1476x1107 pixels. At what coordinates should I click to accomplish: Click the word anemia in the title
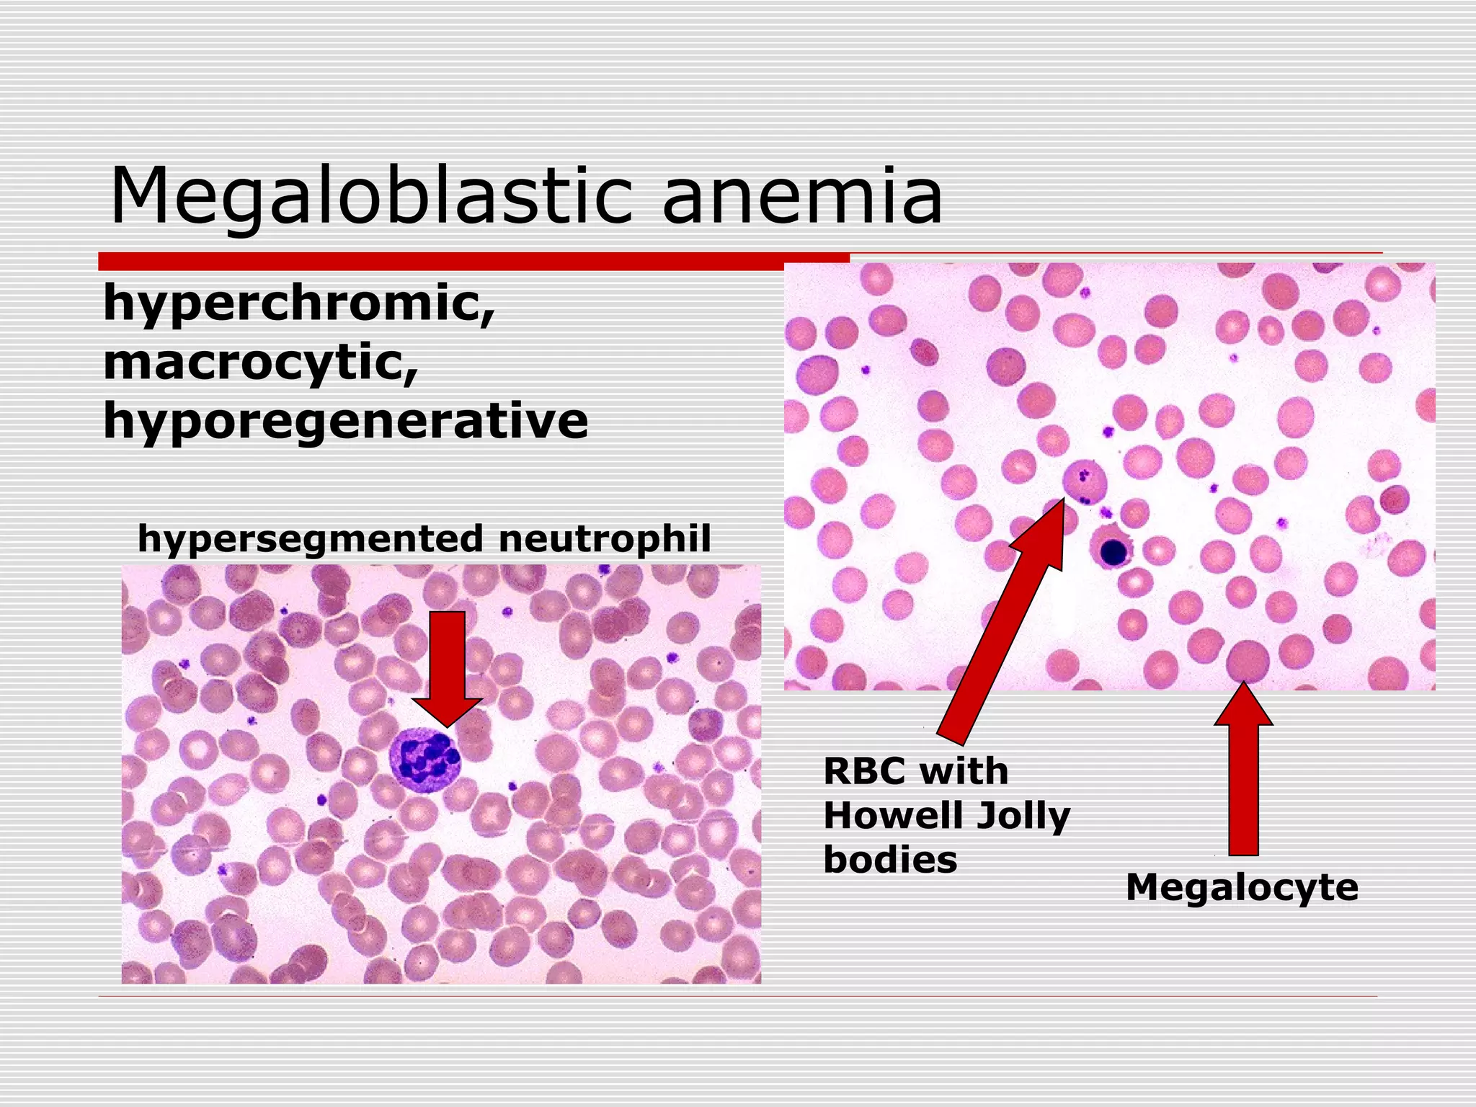click(x=801, y=196)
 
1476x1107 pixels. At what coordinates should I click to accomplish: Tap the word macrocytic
click(x=261, y=362)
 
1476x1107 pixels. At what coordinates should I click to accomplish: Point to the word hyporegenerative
click(x=346, y=421)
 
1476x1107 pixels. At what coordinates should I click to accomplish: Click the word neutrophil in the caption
click(x=604, y=539)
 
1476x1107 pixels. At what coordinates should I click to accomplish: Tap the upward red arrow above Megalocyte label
click(x=1243, y=771)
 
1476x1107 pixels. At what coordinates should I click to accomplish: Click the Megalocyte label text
click(x=1242, y=886)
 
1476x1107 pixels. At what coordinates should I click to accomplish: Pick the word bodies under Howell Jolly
click(x=890, y=860)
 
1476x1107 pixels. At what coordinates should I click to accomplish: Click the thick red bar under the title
click(x=474, y=262)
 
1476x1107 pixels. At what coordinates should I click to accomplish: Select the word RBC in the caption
click(x=863, y=771)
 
